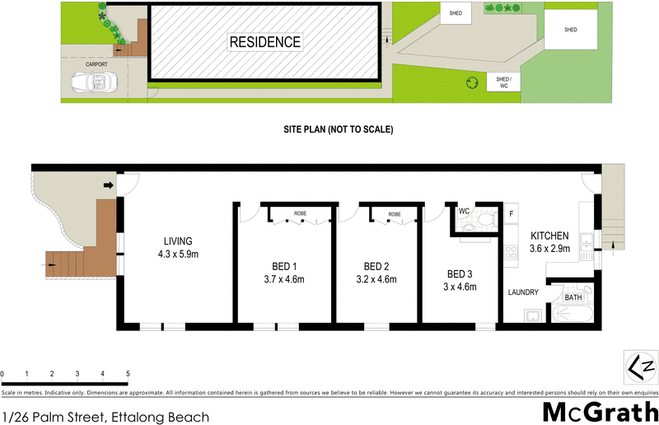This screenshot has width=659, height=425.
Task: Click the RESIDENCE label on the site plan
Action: coord(264,42)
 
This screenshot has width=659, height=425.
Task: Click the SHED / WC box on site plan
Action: coord(502,82)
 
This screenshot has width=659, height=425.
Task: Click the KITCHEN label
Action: coord(549,236)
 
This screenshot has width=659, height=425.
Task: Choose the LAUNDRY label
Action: coord(523,292)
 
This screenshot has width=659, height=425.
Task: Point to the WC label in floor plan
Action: coord(464,212)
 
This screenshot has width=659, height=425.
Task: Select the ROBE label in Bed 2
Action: coord(394,214)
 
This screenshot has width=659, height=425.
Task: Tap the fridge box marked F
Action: coord(511,214)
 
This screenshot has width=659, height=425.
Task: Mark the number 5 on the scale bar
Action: coord(128,374)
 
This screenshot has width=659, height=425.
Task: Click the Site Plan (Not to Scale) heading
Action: coord(338,130)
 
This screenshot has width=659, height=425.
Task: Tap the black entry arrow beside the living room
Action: coord(107,186)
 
